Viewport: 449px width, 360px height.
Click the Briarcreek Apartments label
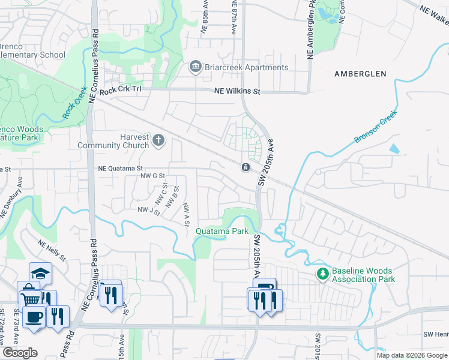pyautogui.click(x=246, y=67)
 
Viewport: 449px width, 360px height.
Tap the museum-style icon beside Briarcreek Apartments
pyautogui.click(x=195, y=67)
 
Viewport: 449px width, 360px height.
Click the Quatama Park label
pyautogui.click(x=221, y=231)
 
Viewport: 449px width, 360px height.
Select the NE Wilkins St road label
pyautogui.click(x=238, y=92)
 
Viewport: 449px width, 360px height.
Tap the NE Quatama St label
pyautogui.click(x=121, y=169)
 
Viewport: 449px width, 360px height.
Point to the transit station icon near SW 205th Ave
pyautogui.click(x=246, y=167)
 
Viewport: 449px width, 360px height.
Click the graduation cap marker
pyautogui.click(x=40, y=273)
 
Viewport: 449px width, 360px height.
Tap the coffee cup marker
pyautogui.click(x=35, y=316)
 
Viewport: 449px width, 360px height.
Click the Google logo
pyautogui.click(x=20, y=353)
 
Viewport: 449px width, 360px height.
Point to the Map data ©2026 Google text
pyautogui.click(x=412, y=355)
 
